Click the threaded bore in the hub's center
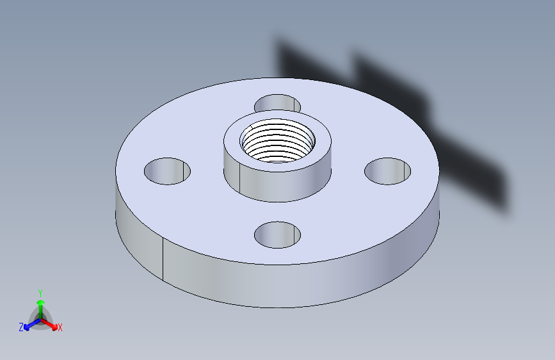pos(278,141)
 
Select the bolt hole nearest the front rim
pos(277,235)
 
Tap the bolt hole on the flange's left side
pos(167,171)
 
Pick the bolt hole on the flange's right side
pos(387,171)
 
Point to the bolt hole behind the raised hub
pos(277,103)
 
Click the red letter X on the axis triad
pos(60,328)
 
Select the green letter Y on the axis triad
pos(40,291)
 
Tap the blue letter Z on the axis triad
pos(21,327)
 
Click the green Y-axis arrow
pos(40,305)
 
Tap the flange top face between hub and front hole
pos(277,211)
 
